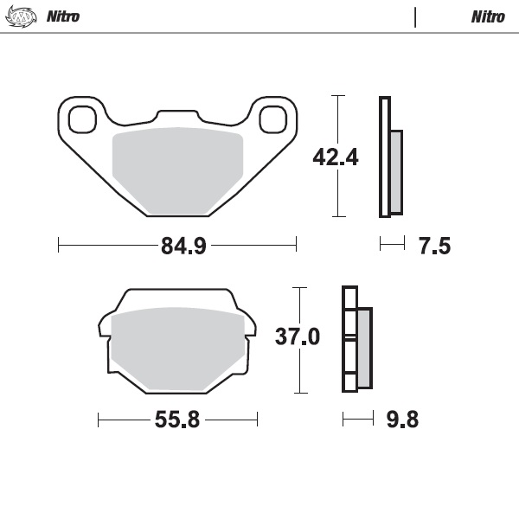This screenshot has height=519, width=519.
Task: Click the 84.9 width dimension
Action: (183, 247)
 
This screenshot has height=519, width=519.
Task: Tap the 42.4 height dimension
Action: (311, 157)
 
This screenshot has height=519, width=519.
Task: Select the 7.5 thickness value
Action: (434, 247)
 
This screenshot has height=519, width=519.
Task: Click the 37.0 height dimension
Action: (298, 336)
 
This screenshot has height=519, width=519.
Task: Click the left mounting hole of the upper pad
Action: (82, 118)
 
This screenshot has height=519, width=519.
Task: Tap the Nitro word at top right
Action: (488, 16)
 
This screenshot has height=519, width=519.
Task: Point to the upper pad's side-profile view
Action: (388, 158)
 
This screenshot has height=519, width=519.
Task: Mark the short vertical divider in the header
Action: (415, 16)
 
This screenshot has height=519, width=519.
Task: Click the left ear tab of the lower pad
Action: (102, 327)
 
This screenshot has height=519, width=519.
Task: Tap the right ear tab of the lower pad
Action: (250, 327)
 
